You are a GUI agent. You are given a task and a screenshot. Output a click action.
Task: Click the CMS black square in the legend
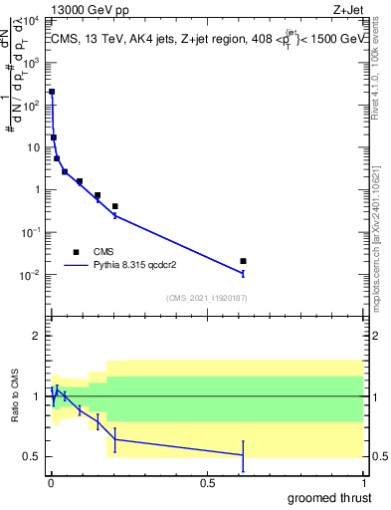pyautogui.click(x=76, y=252)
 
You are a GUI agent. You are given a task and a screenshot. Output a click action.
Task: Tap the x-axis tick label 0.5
pyautogui.click(x=207, y=483)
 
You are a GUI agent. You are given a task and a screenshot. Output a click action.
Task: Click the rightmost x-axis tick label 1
pyautogui.click(x=363, y=483)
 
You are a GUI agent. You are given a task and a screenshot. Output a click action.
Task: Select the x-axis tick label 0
pyautogui.click(x=51, y=483)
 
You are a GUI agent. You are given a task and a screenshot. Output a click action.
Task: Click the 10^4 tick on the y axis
pyautogui.click(x=32, y=20)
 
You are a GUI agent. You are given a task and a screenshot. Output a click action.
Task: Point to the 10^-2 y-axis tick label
pyautogui.click(x=32, y=275)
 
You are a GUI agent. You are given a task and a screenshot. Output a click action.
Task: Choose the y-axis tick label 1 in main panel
pyautogui.click(x=39, y=189)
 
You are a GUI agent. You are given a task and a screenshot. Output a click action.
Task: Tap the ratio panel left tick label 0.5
pyautogui.click(x=34, y=456)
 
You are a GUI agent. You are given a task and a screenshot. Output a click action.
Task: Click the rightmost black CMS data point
pyautogui.click(x=243, y=261)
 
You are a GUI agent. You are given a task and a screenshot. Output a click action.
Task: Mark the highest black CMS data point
pyautogui.click(x=52, y=92)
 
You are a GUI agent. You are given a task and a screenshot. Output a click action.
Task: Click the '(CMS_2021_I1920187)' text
pyautogui.click(x=206, y=298)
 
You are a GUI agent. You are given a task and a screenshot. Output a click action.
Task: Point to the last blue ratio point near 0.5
pyautogui.click(x=243, y=455)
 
